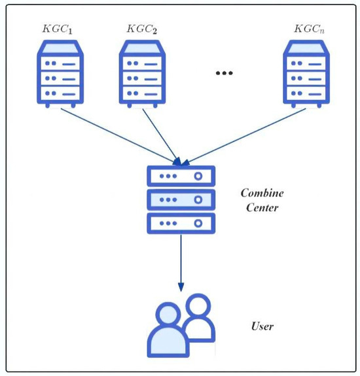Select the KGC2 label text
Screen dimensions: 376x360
point(142,29)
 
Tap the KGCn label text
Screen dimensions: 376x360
point(308,29)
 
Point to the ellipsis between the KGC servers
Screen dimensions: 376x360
point(225,73)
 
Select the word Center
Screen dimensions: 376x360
point(261,209)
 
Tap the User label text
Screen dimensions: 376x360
point(262,326)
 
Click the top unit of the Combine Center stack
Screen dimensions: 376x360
point(181,177)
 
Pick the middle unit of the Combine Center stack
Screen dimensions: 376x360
point(181,199)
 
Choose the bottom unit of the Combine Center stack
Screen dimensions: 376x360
point(181,223)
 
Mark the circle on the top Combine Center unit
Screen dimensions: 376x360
point(197,177)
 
